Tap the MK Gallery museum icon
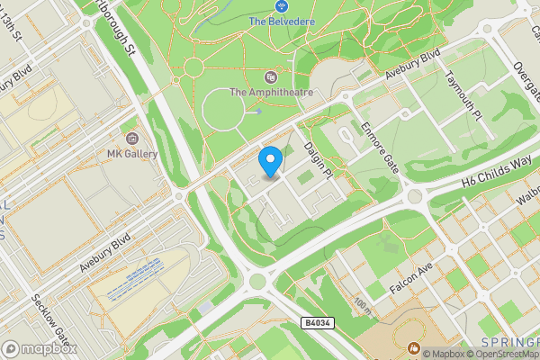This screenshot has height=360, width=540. click(132, 139)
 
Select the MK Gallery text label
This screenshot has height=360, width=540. click(132, 154)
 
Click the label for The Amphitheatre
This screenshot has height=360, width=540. click(271, 92)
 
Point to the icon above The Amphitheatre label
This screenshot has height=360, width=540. click(271, 76)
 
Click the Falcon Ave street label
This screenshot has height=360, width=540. click(412, 282)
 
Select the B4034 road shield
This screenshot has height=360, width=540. click(317, 321)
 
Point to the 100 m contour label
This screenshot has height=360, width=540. click(363, 306)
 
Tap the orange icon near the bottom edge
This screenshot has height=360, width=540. click(414, 347)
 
